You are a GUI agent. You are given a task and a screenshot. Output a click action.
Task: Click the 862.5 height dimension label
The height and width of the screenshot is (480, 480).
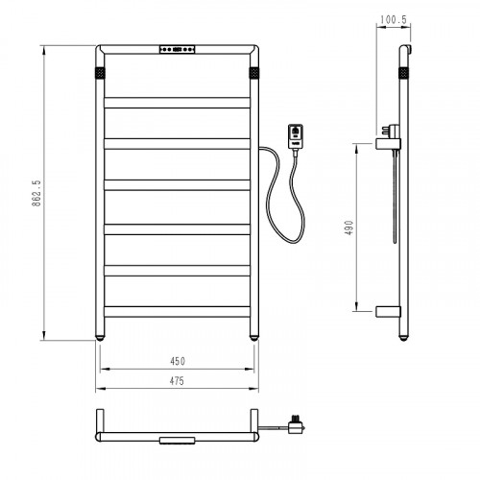pos(36,193)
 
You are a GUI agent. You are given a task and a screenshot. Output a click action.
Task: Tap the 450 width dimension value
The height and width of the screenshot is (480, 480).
pos(178,361)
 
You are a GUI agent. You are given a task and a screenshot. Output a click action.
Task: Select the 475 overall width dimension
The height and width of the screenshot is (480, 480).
pos(177,381)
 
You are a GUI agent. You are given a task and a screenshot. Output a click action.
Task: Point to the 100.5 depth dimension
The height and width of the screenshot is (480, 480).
pos(394,20)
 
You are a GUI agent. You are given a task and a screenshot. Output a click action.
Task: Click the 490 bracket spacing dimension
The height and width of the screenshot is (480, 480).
pos(349,228)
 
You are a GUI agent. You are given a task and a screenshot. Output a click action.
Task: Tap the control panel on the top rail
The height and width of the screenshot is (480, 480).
pos(178,50)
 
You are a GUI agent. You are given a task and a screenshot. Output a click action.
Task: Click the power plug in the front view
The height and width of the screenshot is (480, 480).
pos(296,136)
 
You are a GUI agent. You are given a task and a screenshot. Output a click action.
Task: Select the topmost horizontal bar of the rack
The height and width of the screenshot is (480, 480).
pos(177,103)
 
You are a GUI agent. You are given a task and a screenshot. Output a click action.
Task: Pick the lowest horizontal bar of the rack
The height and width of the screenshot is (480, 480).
pos(177,312)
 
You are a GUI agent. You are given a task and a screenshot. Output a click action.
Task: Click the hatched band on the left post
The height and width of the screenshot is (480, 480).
pos(100,73)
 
